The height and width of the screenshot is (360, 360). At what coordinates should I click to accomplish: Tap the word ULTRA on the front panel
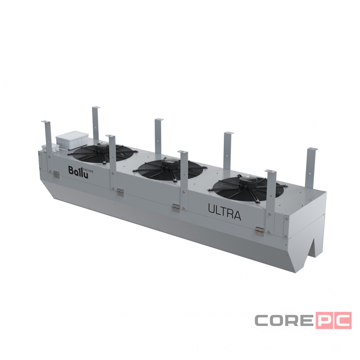point(224,212)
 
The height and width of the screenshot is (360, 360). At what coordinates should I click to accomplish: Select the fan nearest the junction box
point(103,153)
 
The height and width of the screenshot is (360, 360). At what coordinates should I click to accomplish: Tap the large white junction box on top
point(72,140)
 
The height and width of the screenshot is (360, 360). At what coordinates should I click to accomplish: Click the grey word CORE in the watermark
point(284,320)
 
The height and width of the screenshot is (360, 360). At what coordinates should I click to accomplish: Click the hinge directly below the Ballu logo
point(56,174)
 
